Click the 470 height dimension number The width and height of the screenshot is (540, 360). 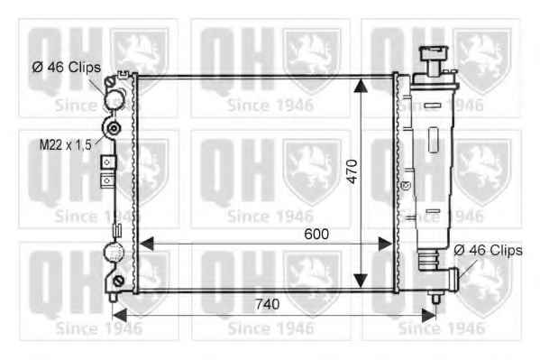point(352,171)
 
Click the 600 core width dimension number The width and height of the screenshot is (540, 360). point(316,235)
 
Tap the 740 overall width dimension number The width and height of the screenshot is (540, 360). point(267,304)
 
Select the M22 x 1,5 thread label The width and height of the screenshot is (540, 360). point(66,145)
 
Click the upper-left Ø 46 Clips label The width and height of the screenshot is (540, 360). point(67,68)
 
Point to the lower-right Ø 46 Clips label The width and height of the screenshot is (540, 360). point(488,250)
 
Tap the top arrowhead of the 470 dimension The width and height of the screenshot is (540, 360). point(361,86)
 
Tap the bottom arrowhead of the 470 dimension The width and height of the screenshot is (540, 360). point(361,281)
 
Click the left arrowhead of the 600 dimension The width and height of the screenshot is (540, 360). point(147,244)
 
